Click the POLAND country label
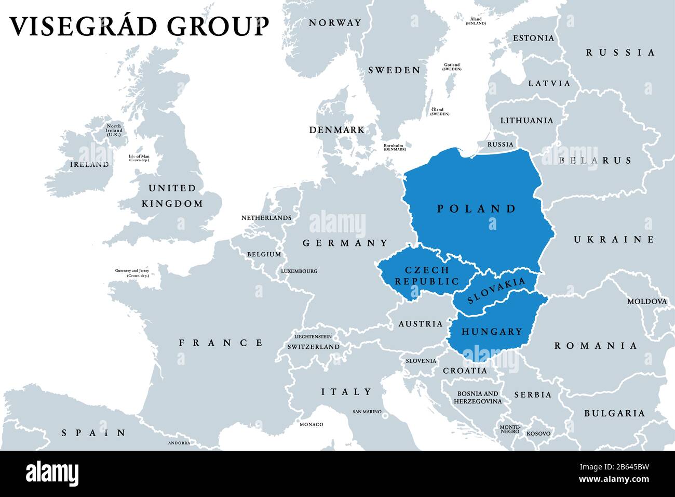point(476,209)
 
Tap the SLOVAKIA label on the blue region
point(496,290)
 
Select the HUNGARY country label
point(491,332)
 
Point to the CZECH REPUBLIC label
point(427,276)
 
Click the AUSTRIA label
point(421,324)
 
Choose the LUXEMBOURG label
point(299,271)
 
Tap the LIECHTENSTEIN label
point(313,337)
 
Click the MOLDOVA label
point(646,302)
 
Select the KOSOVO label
point(538,434)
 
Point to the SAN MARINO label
point(367,412)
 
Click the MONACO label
point(311,425)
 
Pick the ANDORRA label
point(179,443)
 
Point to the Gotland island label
point(452,67)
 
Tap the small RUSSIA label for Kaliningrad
point(500,145)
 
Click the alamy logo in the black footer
point(52,474)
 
